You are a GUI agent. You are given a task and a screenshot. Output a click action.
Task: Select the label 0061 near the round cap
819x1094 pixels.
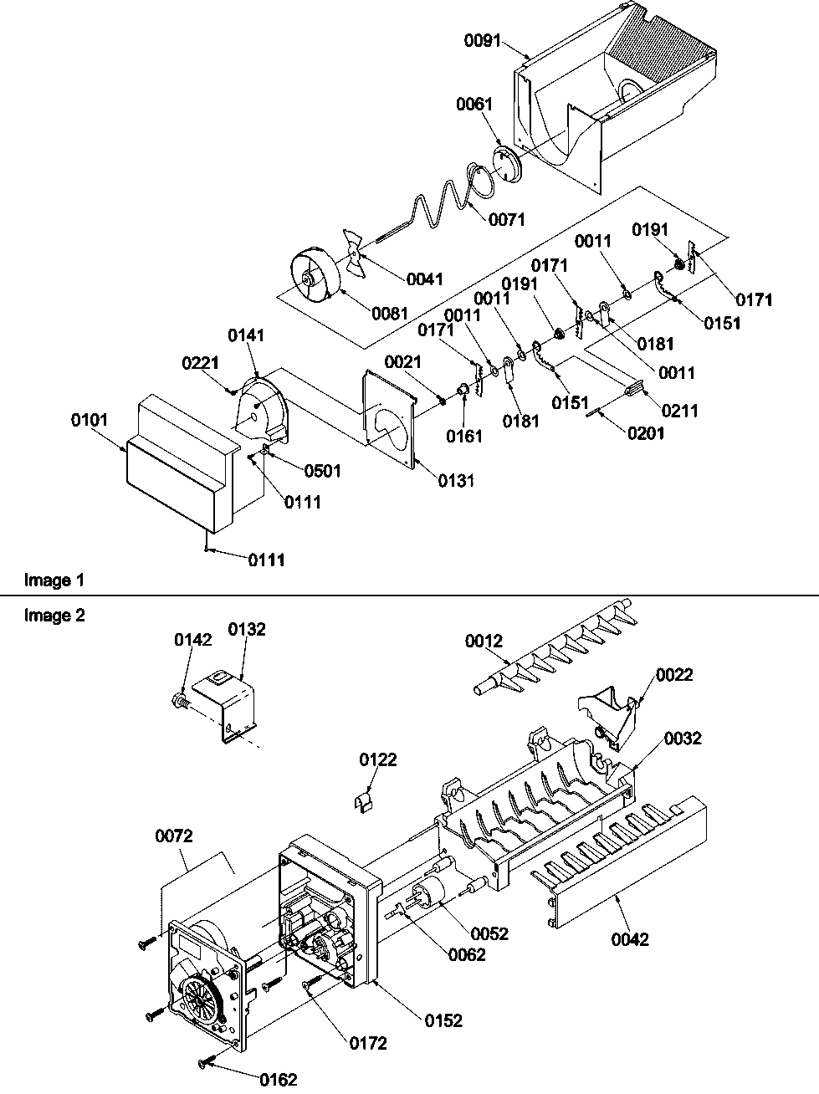[x=473, y=105]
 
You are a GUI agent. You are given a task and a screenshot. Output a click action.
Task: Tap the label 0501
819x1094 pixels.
[x=323, y=471]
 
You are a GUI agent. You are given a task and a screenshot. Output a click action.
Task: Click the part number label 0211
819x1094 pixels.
[x=679, y=411]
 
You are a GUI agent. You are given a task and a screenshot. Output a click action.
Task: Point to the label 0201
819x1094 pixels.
[x=646, y=433]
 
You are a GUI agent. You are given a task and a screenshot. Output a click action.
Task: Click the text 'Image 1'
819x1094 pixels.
[x=54, y=580]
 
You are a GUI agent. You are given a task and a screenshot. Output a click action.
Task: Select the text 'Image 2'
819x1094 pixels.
[x=54, y=616]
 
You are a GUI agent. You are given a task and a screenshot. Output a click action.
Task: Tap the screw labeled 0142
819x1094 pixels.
[x=179, y=698]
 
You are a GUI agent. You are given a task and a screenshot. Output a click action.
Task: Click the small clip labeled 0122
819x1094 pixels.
[x=362, y=801]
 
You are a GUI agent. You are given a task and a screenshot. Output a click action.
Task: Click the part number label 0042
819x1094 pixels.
[x=630, y=939]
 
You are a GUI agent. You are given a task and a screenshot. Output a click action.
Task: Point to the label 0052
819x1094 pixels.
[x=489, y=933]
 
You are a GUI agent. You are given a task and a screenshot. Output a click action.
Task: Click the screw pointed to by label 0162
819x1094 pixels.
[x=207, y=1063]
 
